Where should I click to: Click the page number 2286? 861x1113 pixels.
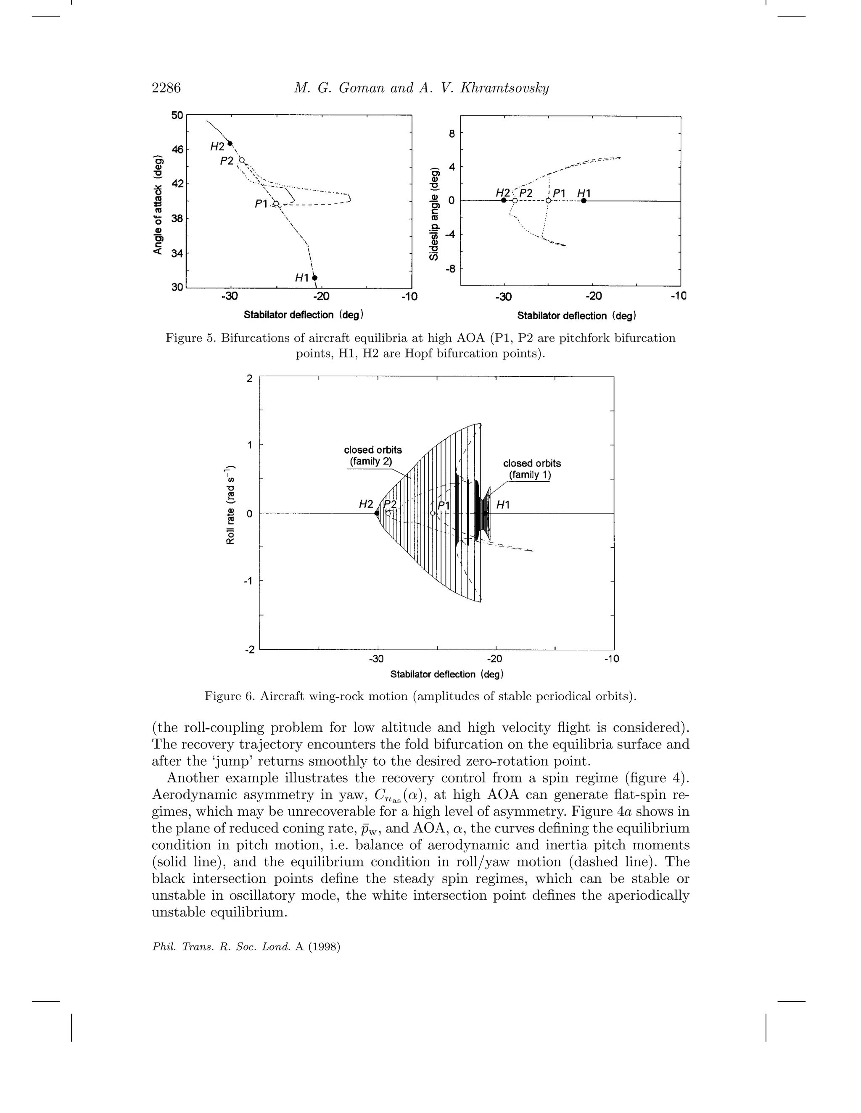(166, 88)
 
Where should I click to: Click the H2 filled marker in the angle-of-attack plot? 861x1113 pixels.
(230, 143)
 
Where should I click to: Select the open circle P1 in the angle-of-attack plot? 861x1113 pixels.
(275, 204)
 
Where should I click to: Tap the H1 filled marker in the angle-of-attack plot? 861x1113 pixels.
(315, 278)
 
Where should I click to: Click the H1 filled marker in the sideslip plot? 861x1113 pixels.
(584, 201)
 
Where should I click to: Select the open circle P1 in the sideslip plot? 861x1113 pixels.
(548, 201)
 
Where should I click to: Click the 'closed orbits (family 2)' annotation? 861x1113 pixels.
(373, 456)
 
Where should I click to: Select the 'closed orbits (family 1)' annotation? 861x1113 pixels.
(531, 469)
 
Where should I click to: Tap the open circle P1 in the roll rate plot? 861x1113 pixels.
(433, 513)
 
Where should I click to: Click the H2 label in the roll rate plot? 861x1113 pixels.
(366, 504)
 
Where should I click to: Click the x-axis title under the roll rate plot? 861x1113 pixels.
(447, 674)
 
